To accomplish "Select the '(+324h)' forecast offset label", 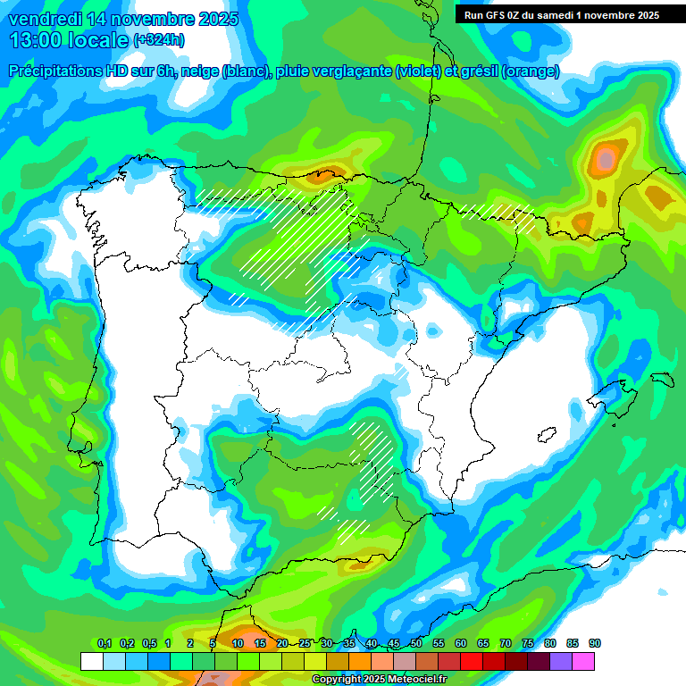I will point(158,40).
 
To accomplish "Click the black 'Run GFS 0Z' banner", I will point(557,14).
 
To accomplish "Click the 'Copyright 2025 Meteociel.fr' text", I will point(379,679).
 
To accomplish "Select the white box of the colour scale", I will point(91,661).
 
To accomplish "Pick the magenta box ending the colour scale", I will point(583,661).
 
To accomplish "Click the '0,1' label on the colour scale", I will point(104,644).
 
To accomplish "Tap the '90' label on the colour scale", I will point(595,644).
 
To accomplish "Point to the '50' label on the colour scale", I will point(416,644).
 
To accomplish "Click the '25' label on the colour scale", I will point(305,644).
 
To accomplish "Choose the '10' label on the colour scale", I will point(238,644).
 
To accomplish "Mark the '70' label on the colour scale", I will point(506,644).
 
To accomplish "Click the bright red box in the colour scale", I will point(472,661).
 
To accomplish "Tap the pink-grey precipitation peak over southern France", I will point(607,160).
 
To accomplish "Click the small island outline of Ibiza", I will point(545,435).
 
